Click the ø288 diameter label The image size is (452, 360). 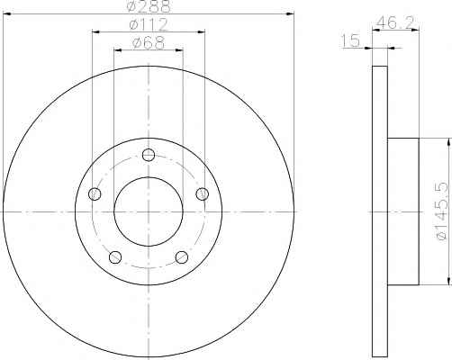click(149, 6)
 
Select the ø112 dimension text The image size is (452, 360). click(149, 24)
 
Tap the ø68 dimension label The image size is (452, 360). click(149, 43)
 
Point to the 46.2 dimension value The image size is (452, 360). click(395, 22)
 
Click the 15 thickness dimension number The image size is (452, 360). click(350, 40)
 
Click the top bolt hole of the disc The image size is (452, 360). click(149, 155)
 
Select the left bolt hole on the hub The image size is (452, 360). click(95, 194)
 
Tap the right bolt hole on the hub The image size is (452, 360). click(203, 194)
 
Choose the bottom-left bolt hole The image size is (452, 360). click(115, 257)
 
